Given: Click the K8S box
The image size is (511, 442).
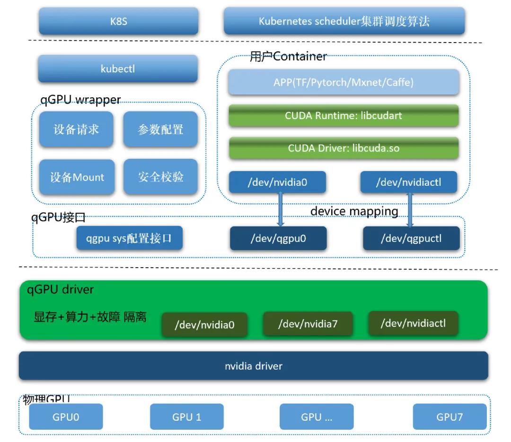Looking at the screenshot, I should point(118,21).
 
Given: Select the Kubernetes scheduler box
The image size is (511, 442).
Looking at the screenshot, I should point(344,21).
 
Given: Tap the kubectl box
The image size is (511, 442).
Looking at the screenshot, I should point(118,69).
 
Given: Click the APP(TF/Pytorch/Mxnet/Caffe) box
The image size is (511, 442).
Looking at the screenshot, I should point(344,82).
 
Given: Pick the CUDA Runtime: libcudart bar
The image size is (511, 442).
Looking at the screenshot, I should point(344,115).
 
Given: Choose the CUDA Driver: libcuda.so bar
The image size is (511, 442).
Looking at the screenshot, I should point(344,148).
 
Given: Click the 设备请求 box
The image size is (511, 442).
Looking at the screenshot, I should point(76,129).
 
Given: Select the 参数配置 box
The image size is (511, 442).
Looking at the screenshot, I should point(160,129).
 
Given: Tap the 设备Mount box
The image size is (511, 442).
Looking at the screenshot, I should point(77,177).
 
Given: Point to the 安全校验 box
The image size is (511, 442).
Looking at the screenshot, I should point(160,177).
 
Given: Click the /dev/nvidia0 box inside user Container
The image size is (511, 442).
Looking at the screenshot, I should point(278,182).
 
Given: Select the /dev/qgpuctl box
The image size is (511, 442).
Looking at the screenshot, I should point(411,238).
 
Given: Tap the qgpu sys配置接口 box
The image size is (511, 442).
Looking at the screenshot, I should point(129,238).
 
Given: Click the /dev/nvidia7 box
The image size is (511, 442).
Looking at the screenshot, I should point(308,324).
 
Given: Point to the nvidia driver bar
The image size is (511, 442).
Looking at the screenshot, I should point(254,365).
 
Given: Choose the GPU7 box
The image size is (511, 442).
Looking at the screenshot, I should point(449,416).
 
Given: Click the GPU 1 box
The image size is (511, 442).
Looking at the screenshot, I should point(186,416).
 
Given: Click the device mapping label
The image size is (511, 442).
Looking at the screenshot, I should point(354,211).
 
